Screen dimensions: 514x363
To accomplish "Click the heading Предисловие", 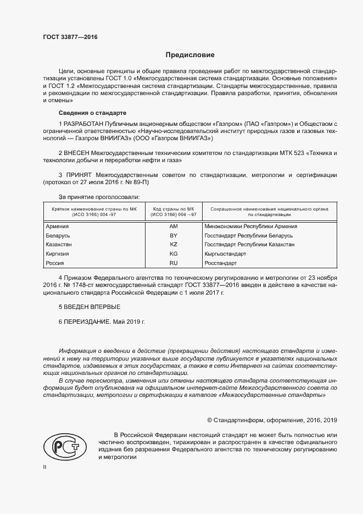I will (x=191, y=55).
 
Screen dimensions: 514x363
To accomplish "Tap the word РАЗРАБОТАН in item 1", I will (x=83, y=123).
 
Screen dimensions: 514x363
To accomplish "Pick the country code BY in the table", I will (x=174, y=235).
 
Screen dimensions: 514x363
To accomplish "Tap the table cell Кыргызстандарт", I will (x=225, y=254).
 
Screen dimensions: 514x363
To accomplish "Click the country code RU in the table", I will (x=174, y=263).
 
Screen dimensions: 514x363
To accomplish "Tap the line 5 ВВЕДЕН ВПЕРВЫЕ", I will (x=89, y=306).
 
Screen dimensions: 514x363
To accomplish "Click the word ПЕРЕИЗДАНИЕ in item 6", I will (x=87, y=320).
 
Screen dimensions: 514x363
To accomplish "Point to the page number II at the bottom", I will (x=46, y=467).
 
